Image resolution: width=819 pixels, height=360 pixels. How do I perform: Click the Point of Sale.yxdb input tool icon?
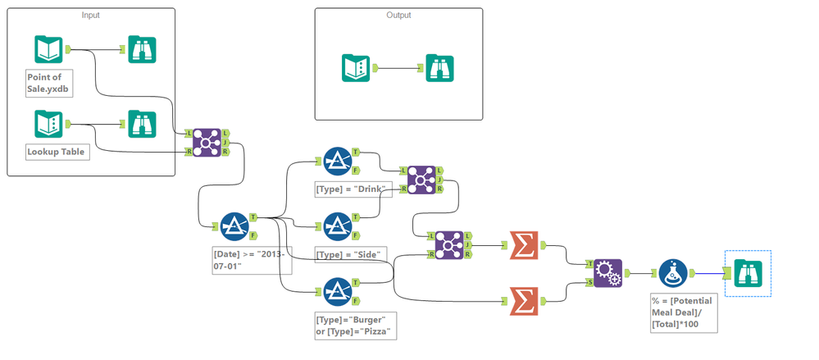pos(48,50)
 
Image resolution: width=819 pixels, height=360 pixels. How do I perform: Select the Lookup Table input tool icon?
pos(48,124)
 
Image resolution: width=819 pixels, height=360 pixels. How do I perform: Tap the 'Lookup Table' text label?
pos(56,152)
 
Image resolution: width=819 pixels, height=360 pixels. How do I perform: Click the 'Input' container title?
pos(90,16)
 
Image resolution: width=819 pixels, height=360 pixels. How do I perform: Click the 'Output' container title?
pos(398,16)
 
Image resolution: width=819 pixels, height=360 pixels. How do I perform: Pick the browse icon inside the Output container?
pos(437,67)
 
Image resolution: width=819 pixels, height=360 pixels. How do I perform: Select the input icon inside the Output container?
pos(356,67)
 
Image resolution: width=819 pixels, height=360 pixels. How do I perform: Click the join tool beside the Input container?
pos(206,142)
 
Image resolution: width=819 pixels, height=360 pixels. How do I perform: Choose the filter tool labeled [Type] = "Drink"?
pos(337,161)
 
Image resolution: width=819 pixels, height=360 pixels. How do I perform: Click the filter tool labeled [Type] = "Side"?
pos(337,226)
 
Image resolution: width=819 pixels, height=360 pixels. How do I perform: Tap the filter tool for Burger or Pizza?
pos(337,291)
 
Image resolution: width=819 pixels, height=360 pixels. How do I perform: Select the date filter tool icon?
pos(234,226)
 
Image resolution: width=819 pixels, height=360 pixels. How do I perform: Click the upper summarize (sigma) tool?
pos(523,244)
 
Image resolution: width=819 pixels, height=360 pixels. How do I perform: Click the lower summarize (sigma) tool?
pos(523,301)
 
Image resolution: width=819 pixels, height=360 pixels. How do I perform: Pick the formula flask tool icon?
pos(673,273)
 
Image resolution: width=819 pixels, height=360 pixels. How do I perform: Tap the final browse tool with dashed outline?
pos(748,273)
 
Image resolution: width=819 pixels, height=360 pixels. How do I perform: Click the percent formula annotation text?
pos(680,313)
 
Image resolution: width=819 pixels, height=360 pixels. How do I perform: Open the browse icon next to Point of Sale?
pos(142,50)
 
